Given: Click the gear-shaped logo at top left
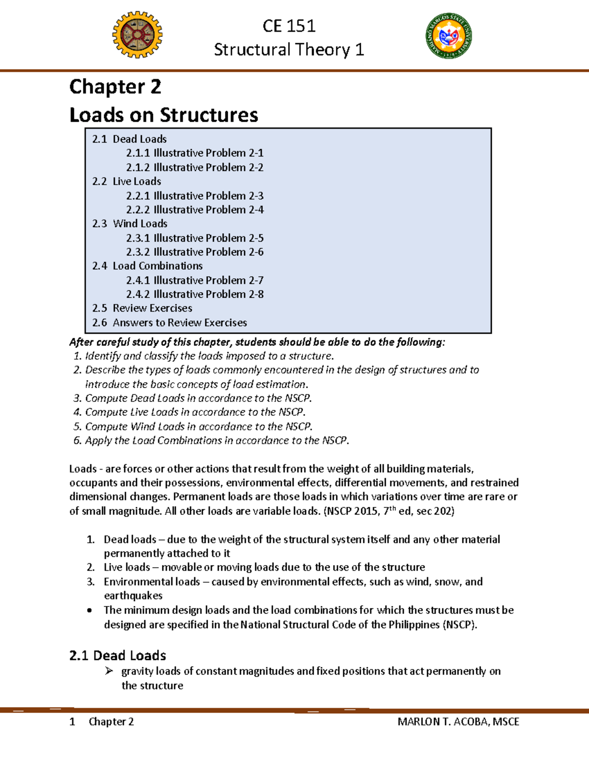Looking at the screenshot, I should point(137,35).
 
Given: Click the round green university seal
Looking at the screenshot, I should point(449,36).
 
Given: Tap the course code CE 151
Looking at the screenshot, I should point(289,26).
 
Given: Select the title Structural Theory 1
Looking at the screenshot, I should point(289,50).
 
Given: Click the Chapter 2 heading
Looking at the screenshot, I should point(115,87).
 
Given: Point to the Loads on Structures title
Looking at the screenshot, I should point(163,115).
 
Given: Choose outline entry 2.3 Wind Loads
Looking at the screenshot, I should point(130,224).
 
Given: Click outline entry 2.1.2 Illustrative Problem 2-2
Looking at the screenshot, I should point(194,167).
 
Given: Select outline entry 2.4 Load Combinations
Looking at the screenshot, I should point(147,266).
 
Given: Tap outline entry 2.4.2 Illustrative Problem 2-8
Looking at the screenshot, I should point(194,294).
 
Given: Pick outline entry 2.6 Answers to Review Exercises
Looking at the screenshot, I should point(169,323).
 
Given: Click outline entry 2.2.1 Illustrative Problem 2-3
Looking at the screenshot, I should point(194,196).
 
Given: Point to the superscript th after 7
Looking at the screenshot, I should point(392,508).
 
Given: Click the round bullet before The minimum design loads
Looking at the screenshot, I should point(89,611).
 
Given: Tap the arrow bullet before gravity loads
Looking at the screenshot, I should point(109,671).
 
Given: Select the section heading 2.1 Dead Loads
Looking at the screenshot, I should point(118,656).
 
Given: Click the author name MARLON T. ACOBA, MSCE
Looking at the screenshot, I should point(458,722).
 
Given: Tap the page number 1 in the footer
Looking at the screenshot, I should point(72,722).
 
